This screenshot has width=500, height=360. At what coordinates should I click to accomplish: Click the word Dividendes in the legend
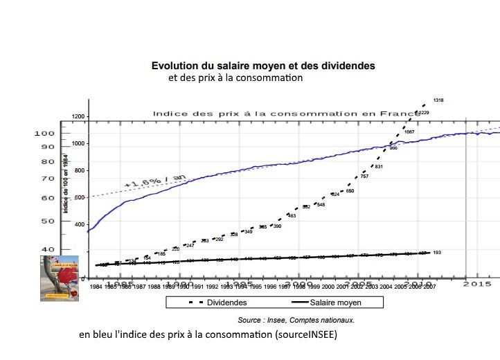click(227, 303)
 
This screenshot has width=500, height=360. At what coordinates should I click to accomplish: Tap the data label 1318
click(438, 100)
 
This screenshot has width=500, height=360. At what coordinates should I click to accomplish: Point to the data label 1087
click(409, 132)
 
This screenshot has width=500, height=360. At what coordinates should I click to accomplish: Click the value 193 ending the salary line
click(437, 253)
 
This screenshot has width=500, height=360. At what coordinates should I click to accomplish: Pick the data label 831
click(378, 167)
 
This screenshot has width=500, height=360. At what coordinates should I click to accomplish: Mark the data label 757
click(364, 177)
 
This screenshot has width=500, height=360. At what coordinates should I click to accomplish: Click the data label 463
click(292, 216)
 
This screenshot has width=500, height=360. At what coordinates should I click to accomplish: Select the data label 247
click(190, 245)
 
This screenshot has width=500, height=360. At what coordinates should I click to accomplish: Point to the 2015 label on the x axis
click(478, 284)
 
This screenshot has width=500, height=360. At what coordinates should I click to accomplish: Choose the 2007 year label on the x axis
click(429, 286)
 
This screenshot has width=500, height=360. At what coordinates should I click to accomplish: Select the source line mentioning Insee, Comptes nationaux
click(296, 320)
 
